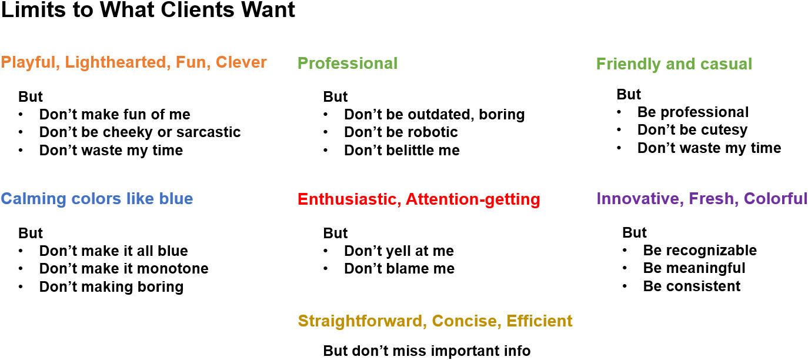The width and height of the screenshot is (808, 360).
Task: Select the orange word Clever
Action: (x=241, y=62)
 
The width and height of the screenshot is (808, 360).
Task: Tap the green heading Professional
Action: (x=348, y=63)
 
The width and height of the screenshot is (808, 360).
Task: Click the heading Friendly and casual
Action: (x=674, y=64)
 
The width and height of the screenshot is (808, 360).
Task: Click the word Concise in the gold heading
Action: (x=466, y=321)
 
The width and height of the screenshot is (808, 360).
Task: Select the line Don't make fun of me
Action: (x=115, y=114)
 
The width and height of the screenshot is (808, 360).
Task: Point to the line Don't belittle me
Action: (x=402, y=150)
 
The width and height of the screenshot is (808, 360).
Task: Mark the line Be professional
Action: (x=693, y=112)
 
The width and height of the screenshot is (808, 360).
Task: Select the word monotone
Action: (x=173, y=268)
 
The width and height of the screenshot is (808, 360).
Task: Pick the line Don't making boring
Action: (x=112, y=287)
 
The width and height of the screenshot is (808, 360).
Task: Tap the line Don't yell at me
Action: (x=399, y=251)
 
